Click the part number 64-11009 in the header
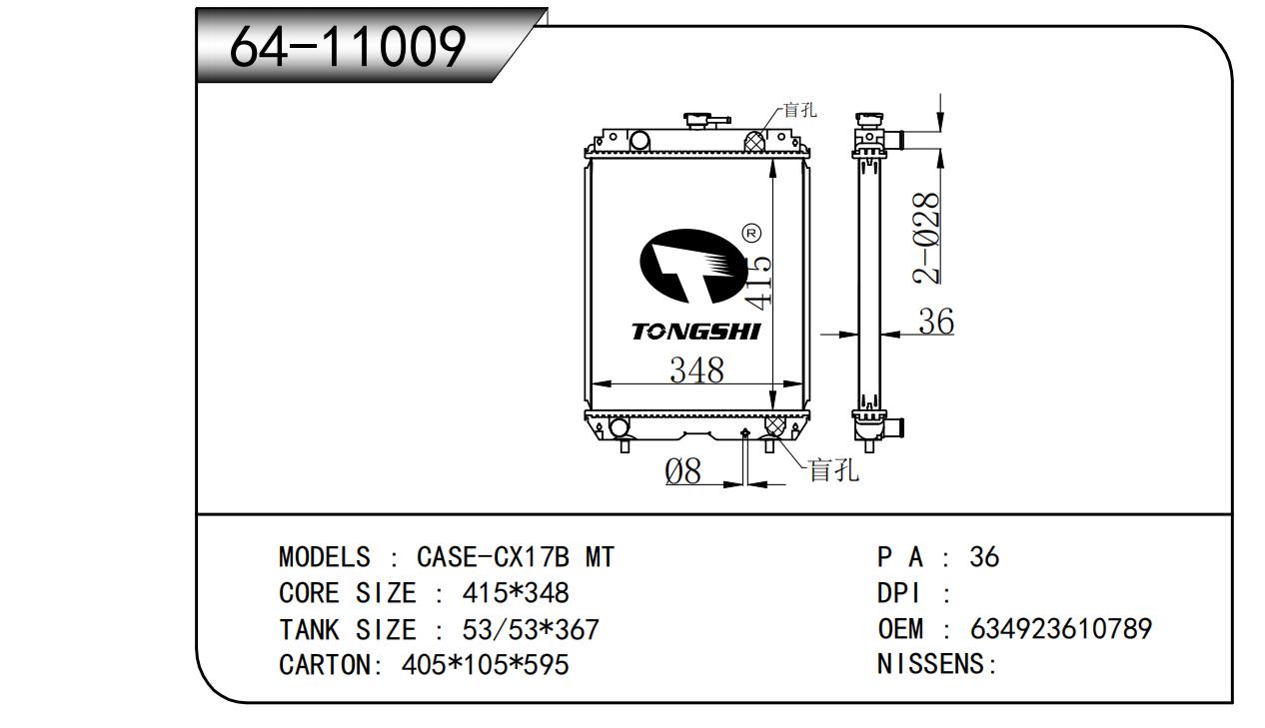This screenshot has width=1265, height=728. (x=347, y=46)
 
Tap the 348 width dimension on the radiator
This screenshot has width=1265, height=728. (x=696, y=369)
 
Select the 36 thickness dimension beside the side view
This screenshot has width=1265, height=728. (x=935, y=322)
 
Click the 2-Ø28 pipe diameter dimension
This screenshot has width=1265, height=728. (x=928, y=238)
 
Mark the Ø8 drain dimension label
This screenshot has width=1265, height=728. (x=684, y=470)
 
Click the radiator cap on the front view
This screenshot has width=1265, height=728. (x=706, y=121)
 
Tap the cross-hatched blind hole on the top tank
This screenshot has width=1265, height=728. (x=756, y=142)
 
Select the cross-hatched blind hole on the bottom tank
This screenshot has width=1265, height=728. (x=773, y=426)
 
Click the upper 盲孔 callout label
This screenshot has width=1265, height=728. (x=799, y=110)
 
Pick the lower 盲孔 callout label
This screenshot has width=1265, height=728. (x=833, y=469)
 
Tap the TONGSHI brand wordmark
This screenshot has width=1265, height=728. (x=695, y=332)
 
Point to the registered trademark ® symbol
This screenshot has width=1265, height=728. (x=752, y=233)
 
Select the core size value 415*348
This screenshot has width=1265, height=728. (x=515, y=593)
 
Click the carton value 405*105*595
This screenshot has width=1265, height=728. (x=486, y=664)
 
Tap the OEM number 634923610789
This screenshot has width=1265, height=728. (x=1060, y=629)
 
